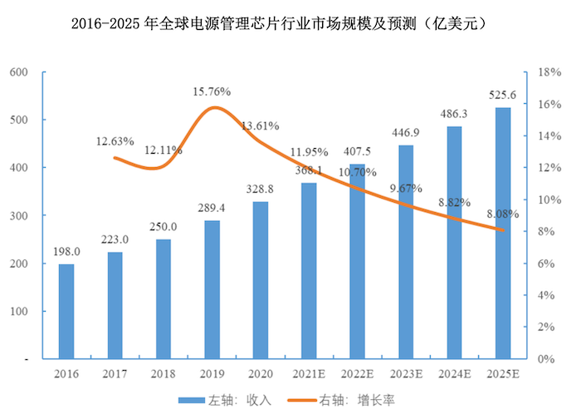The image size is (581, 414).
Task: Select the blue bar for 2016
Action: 66,312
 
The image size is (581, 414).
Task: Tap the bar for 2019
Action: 212,289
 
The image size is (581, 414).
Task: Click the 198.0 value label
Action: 66,252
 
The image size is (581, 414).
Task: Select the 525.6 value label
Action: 504,95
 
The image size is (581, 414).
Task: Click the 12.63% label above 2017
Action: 115,140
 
